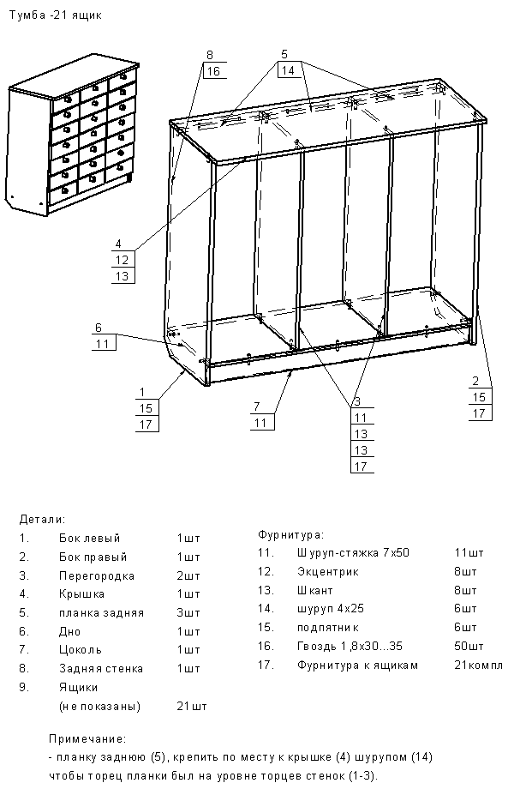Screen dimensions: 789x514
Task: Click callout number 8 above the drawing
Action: (210, 55)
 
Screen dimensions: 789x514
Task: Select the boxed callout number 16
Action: (213, 71)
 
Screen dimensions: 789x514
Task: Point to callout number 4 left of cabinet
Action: (118, 243)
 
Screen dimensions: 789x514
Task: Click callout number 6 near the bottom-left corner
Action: (99, 328)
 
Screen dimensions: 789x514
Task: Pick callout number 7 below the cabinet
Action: (256, 406)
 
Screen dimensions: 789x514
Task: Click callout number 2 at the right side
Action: (475, 381)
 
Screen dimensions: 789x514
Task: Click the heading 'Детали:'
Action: (41, 520)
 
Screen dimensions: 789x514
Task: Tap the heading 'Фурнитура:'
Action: (290, 534)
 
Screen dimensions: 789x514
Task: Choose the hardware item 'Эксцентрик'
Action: (328, 571)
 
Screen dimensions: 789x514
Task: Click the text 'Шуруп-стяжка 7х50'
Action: (353, 553)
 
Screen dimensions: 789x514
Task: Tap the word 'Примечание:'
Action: (88, 738)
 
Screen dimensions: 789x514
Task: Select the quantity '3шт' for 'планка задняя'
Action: (188, 613)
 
